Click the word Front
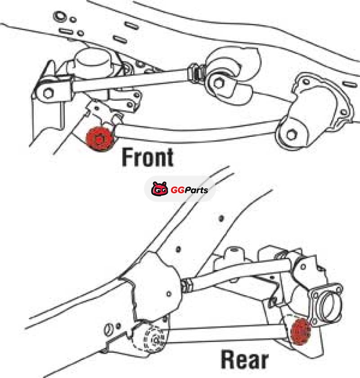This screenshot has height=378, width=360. (148, 157)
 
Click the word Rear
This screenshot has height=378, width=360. (245, 360)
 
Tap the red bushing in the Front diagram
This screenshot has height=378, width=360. (100, 139)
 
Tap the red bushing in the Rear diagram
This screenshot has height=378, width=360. (301, 331)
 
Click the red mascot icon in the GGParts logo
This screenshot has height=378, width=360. (160, 189)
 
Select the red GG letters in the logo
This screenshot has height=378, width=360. (178, 190)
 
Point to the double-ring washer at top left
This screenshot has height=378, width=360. (59, 16)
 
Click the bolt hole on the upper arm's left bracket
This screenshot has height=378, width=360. (48, 93)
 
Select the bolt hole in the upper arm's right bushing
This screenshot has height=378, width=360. (219, 83)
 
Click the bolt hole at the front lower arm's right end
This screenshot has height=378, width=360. (292, 135)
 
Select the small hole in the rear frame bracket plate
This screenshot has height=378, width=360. (169, 294)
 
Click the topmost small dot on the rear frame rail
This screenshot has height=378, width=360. (221, 219)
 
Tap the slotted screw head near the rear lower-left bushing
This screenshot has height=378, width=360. (109, 329)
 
